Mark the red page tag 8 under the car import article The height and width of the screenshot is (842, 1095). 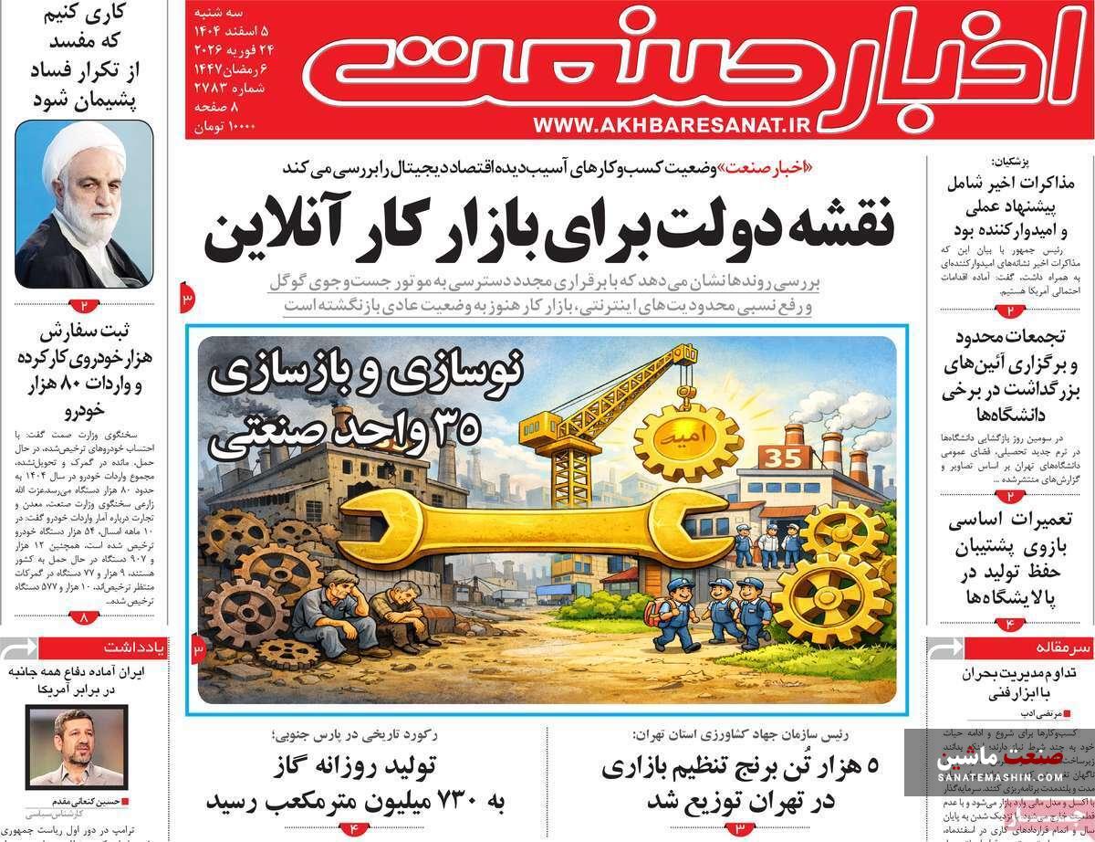(85, 618)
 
